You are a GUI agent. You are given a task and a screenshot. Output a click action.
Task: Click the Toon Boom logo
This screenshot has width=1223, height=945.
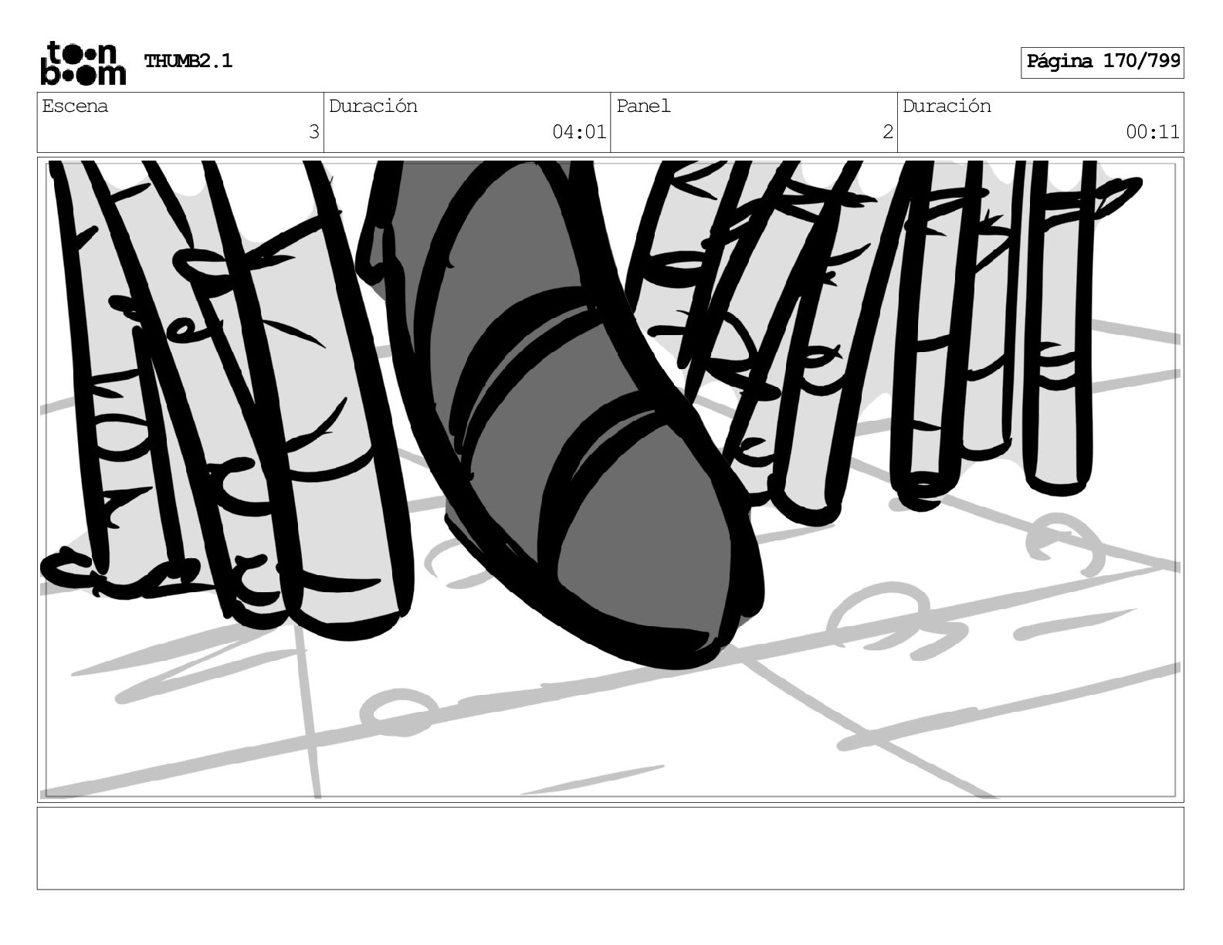tap(83, 63)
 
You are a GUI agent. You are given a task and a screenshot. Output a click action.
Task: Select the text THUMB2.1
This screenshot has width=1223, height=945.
tap(188, 61)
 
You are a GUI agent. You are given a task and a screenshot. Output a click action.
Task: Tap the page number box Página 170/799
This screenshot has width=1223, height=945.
tap(1102, 63)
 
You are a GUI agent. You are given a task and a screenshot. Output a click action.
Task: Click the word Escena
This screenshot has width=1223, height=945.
tap(75, 106)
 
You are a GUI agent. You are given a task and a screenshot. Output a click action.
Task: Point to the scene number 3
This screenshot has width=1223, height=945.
tap(313, 132)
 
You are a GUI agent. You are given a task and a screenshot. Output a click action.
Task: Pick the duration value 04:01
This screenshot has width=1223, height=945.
tap(578, 132)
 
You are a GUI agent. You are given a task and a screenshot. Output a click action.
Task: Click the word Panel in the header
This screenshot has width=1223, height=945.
tap(643, 106)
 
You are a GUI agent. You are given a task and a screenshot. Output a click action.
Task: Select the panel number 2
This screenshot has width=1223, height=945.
tap(888, 132)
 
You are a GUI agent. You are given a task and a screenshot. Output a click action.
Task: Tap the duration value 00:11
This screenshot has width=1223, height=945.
tap(1152, 132)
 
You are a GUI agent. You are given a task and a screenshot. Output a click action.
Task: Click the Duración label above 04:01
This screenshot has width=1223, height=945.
tap(373, 106)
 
